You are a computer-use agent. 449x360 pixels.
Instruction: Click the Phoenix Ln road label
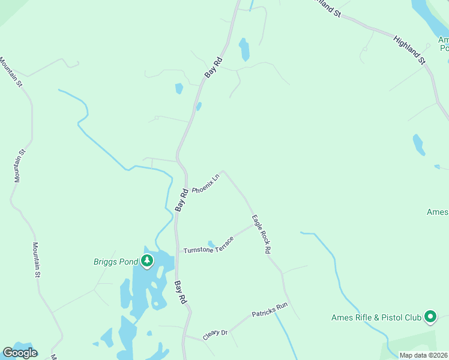205,182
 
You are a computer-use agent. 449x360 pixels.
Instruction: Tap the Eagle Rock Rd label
262,234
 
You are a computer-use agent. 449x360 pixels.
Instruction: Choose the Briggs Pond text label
115,261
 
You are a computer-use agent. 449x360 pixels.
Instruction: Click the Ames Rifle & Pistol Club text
376,317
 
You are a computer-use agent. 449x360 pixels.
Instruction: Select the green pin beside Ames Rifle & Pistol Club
430,316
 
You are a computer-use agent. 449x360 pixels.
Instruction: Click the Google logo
20,353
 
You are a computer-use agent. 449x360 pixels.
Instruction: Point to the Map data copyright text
423,355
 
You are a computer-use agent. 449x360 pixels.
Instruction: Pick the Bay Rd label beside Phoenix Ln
182,199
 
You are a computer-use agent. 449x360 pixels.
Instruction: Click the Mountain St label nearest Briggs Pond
36,259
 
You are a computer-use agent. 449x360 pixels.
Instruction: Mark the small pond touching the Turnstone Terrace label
211,244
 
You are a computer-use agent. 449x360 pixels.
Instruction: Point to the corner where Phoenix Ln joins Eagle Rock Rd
224,171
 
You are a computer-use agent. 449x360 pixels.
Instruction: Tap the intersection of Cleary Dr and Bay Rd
185,336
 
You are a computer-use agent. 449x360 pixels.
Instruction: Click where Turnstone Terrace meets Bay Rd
176,253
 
